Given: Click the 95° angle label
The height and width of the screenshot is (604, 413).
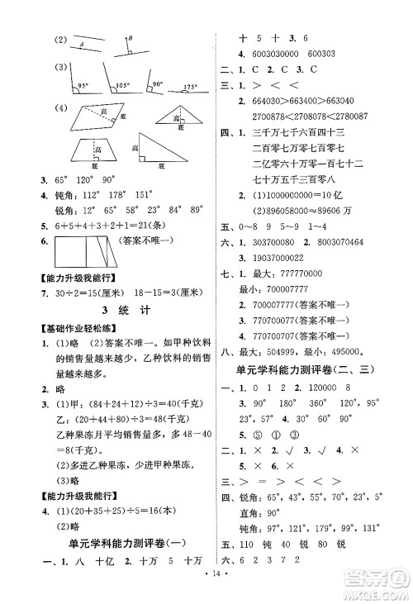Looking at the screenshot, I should pyautogui.click(x=82, y=86).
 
